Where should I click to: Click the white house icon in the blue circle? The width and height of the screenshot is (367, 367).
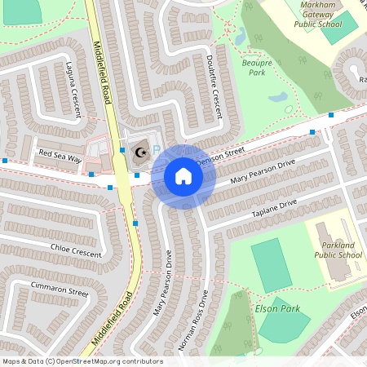point(183,175)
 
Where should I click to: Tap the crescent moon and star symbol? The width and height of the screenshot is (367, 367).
point(140,153)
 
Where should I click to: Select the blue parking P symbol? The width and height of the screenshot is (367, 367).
point(157,153)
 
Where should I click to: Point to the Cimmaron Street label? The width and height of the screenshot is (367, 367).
point(60,289)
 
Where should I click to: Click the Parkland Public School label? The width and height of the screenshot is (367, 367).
point(338,250)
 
